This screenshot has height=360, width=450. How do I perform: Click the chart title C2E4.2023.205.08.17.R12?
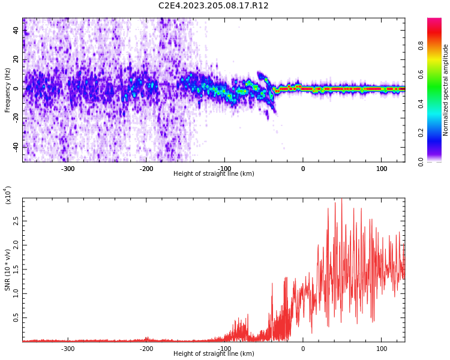pyautogui.click(x=214, y=6)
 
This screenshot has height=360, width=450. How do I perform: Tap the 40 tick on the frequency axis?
pyautogui.click(x=16, y=31)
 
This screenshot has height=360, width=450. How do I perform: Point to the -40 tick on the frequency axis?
pyautogui.click(x=14, y=146)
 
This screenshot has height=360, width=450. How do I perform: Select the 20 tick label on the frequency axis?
pyautogui.click(x=16, y=60)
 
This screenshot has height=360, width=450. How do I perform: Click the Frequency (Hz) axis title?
pyautogui.click(x=8, y=90)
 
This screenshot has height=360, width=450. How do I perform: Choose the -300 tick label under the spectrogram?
pyautogui.click(x=68, y=169)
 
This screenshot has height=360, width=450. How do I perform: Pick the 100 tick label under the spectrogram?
pyautogui.click(x=382, y=169)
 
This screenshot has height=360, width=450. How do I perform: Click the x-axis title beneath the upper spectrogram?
pyautogui.click(x=214, y=174)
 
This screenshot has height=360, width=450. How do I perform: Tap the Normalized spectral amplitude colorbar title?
pyautogui.click(x=446, y=90)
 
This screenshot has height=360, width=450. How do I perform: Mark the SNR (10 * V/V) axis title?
pyautogui.click(x=8, y=270)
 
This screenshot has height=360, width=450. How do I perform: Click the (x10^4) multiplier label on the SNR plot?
pyautogui.click(x=8, y=195)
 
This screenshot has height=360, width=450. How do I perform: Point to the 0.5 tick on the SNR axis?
pyautogui.click(x=16, y=317)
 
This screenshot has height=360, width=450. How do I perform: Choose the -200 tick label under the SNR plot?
pyautogui.click(x=146, y=349)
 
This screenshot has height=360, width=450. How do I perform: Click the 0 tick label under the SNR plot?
pyautogui.click(x=303, y=349)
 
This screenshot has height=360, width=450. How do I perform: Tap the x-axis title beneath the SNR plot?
pyautogui.click(x=214, y=354)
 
